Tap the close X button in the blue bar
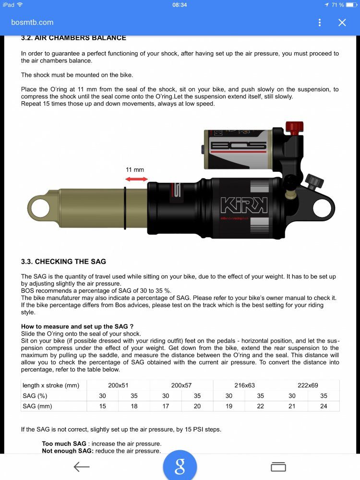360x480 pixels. click(x=342, y=23)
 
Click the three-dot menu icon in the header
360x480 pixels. click(x=320, y=23)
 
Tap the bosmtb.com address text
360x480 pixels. click(x=32, y=23)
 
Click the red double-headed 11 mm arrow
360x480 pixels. click(x=136, y=179)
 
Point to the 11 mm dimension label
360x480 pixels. click(x=135, y=169)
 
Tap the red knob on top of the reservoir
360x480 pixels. click(x=294, y=127)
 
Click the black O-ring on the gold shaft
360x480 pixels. click(x=125, y=206)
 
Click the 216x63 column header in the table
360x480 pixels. click(x=244, y=385)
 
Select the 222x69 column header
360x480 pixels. click(x=308, y=385)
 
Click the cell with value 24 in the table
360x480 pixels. click(x=323, y=406)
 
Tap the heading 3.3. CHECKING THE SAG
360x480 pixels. click(x=63, y=262)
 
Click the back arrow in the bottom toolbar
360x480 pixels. click(x=82, y=467)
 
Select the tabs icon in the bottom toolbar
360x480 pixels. click(x=278, y=467)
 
